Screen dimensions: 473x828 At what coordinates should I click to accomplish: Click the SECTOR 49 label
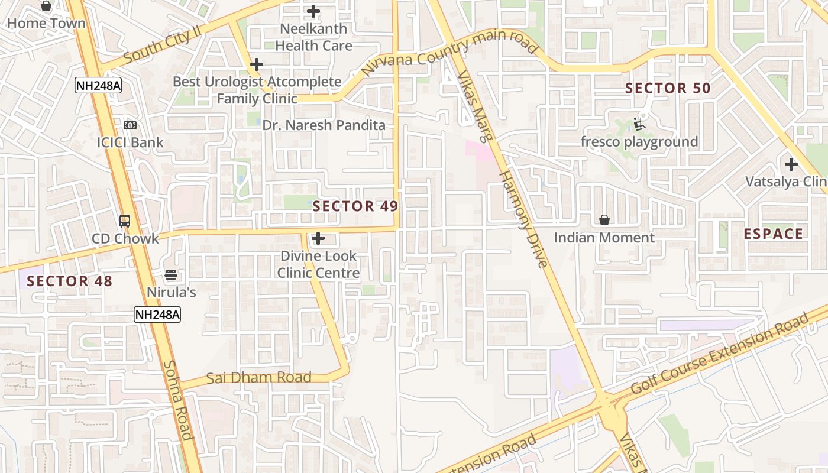355,206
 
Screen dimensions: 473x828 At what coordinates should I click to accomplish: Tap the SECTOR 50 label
668,89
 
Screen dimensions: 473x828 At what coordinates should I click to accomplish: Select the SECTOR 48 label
69,281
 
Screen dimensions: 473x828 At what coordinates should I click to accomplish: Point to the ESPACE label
773,234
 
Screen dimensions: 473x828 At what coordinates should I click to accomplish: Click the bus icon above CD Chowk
125,221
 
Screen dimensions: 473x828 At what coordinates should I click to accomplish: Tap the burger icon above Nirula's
171,274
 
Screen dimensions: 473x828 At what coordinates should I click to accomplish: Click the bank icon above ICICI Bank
130,125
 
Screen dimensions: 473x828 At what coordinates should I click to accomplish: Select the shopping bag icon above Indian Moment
604,220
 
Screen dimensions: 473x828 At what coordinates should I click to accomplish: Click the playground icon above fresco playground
639,124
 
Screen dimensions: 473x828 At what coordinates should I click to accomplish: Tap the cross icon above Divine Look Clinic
318,238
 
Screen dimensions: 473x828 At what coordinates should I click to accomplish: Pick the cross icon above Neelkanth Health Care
313,11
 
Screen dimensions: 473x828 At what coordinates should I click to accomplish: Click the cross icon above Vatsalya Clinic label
791,164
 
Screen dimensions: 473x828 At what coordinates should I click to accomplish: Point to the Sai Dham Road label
258,377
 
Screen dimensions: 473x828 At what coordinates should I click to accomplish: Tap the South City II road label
163,46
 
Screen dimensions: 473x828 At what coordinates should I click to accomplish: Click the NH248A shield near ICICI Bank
98,86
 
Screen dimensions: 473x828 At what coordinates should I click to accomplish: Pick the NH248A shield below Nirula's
157,315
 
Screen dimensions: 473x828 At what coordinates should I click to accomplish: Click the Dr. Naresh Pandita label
324,125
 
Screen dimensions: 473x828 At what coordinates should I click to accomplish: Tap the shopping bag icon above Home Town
46,7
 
